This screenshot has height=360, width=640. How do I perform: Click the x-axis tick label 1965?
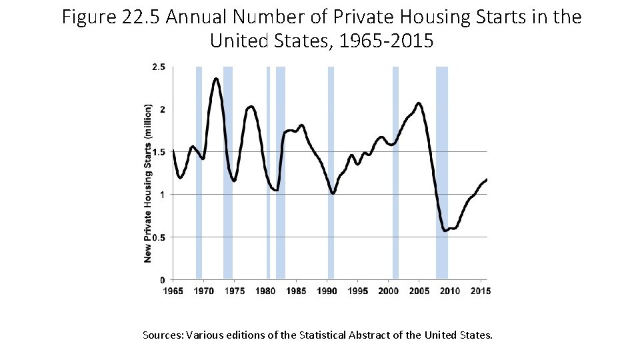tap(173, 291)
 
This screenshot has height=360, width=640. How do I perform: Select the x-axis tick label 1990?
tap(327, 291)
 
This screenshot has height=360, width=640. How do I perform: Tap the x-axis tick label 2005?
tap(419, 291)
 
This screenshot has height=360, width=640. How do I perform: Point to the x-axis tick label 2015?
tap(481, 291)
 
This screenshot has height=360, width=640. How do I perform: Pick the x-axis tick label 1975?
tap(234, 291)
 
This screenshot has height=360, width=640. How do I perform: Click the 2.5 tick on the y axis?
tap(159, 67)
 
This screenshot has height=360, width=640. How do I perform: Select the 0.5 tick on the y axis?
tap(159, 237)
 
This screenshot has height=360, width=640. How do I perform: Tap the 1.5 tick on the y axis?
tap(159, 152)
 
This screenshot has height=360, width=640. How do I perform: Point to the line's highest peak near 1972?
tap(216, 79)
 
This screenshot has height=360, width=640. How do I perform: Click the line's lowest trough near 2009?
tap(445, 230)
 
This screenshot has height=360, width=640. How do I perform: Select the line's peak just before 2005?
tap(418, 103)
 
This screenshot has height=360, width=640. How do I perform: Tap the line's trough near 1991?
tap(333, 193)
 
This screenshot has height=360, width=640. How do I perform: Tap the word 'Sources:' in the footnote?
tap(163, 334)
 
